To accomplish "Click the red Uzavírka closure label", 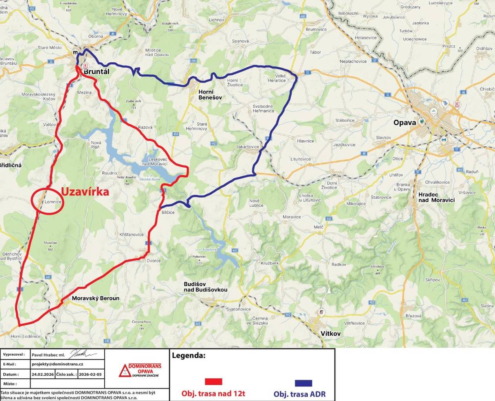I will click(85, 192).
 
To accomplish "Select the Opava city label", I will click(403, 123).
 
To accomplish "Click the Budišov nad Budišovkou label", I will click(205, 287).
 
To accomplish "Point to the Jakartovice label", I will click(247, 146).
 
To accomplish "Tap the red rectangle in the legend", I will click(213, 381).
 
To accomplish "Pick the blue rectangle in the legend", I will click(303, 383).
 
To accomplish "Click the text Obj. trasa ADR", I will click(299, 394).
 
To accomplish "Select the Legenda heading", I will click(189, 355).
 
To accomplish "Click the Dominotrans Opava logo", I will click(140, 370).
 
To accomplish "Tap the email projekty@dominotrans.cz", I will click(57, 364).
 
